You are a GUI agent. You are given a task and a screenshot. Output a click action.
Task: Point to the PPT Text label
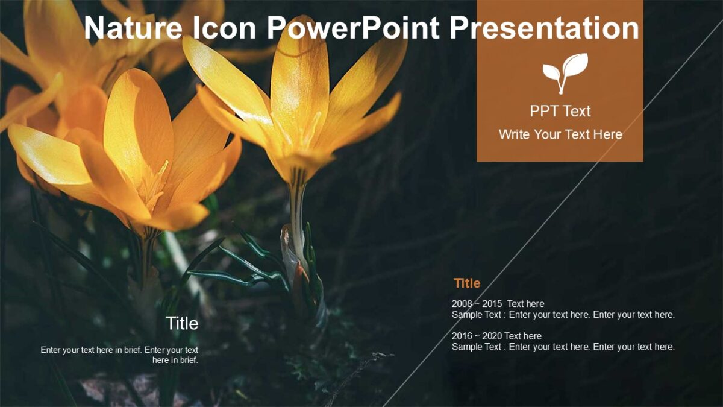tap(560, 111)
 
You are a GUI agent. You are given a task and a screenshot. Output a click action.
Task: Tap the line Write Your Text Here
tap(560, 134)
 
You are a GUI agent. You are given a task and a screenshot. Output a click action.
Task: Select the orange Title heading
tap(467, 283)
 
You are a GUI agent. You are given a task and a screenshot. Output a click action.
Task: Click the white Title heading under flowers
tap(182, 324)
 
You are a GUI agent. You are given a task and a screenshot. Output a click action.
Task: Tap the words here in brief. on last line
tap(175, 361)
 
